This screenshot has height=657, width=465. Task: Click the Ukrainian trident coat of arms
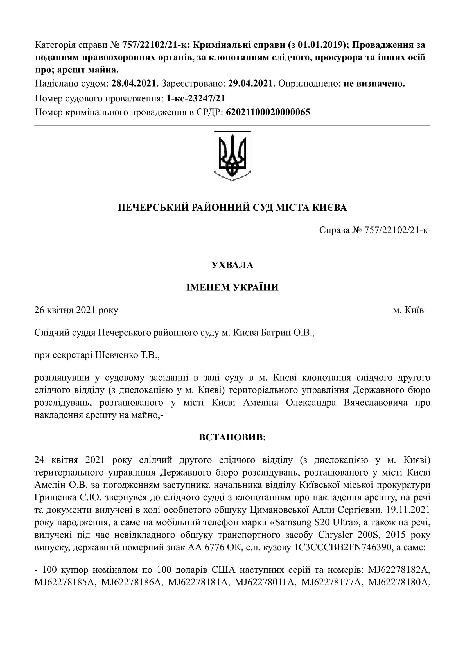click(x=232, y=156)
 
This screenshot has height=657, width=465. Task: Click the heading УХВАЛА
click(x=232, y=265)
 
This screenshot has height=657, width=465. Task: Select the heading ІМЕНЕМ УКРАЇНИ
click(x=232, y=287)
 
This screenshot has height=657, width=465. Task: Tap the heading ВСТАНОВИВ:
click(x=232, y=437)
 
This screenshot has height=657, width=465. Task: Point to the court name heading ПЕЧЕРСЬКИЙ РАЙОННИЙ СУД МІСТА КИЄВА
click(x=232, y=208)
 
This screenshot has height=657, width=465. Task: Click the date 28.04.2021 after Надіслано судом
click(x=135, y=83)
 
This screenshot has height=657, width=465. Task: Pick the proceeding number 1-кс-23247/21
click(x=196, y=98)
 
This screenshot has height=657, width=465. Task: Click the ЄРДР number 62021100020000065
click(x=268, y=112)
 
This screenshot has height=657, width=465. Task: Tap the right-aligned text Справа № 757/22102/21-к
click(x=373, y=230)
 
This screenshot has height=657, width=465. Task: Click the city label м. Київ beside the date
click(x=408, y=310)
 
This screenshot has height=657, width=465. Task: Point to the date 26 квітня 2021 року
click(x=76, y=310)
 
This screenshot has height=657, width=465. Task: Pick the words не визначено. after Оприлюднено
click(x=374, y=83)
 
